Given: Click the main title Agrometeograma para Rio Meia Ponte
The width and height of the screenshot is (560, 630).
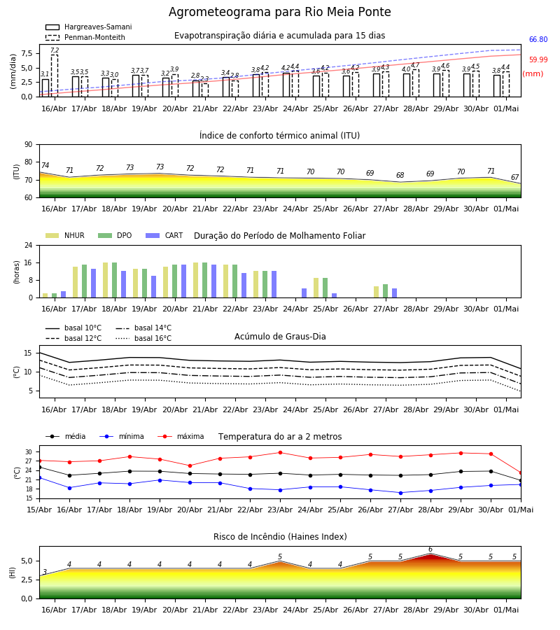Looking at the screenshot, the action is (279, 12).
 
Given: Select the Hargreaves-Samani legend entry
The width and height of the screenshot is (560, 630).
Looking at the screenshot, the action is (89, 27).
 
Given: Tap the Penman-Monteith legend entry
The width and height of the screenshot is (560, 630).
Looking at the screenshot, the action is (85, 37).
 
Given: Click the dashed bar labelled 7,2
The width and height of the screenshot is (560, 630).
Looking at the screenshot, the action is (54, 76).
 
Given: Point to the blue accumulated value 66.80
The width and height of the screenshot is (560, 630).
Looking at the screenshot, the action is (538, 39).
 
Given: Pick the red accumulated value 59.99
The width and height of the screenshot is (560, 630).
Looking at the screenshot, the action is (538, 60).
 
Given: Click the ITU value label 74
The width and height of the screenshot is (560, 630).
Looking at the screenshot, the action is (45, 165).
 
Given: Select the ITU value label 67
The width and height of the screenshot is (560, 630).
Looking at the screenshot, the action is (514, 177).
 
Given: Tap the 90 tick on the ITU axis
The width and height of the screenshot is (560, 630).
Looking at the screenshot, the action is (28, 145).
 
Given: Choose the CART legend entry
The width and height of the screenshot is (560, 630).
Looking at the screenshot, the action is (164, 235).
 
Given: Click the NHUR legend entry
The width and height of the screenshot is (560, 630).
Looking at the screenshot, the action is (65, 235).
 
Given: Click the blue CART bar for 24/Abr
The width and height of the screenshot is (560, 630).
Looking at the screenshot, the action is (304, 293).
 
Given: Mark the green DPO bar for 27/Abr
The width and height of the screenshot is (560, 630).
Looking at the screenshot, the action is (385, 291).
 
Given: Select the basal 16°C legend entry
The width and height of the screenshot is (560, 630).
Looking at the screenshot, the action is (143, 338).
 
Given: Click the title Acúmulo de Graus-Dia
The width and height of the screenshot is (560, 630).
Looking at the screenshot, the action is (280, 336).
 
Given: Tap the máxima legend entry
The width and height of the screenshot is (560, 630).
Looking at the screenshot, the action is (181, 436).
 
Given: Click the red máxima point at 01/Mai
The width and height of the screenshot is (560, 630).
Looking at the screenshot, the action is (521, 473).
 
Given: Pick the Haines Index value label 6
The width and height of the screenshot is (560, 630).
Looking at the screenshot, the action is (430, 549).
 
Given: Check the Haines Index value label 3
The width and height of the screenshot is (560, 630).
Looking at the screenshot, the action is (45, 572).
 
